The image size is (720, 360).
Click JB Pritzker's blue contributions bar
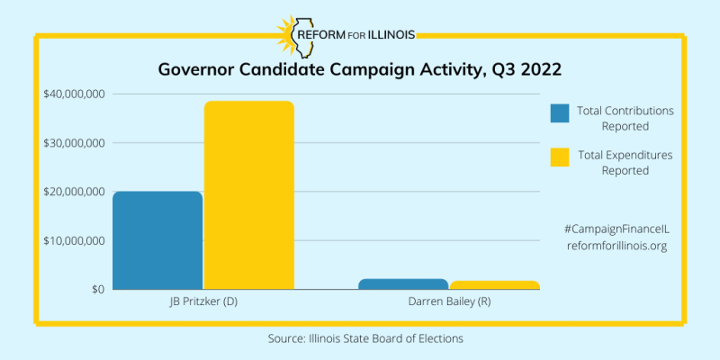[x=157, y=240]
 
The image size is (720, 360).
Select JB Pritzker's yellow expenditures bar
[x=248, y=194]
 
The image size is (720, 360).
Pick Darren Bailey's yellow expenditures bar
[x=494, y=284]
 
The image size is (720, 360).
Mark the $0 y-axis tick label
[x=94, y=289]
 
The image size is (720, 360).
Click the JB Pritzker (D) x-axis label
[x=202, y=303]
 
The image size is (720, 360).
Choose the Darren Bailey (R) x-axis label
[x=449, y=303]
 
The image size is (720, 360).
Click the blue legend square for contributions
[x=560, y=113]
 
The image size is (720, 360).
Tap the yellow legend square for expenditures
[x=560, y=157]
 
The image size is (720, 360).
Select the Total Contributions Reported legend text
[x=625, y=118]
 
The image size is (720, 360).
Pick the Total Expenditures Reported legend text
[x=625, y=162]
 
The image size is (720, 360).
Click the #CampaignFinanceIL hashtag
[x=616, y=230]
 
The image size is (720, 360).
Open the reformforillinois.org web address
[x=616, y=246]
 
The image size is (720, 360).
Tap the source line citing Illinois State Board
[x=359, y=338]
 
